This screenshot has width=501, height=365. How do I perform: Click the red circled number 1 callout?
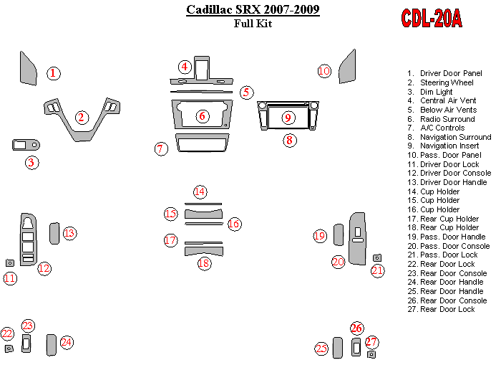[54, 72]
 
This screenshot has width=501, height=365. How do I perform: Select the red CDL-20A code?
[431, 19]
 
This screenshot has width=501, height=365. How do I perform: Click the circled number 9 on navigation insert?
[288, 118]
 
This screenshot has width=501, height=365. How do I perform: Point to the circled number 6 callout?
[203, 115]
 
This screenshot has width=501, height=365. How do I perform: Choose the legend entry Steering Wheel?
[447, 82]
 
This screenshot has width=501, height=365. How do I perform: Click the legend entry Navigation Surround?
[455, 137]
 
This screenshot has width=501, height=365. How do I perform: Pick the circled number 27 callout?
[371, 342]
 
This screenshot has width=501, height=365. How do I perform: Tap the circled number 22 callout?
[7, 333]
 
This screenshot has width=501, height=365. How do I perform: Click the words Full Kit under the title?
[253, 24]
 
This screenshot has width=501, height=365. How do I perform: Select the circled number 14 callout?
[200, 191]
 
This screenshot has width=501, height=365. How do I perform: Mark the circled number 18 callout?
[204, 263]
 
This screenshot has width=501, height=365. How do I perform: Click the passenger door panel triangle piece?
[348, 67]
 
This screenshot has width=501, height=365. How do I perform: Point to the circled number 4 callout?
[185, 67]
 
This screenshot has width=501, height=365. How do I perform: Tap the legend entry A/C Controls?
[442, 128]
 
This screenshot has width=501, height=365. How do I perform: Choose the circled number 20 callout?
[339, 262]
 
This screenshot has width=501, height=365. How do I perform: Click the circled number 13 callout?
[69, 233]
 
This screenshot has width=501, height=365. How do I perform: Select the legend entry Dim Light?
[436, 92]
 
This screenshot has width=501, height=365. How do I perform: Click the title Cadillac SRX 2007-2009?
[253, 10]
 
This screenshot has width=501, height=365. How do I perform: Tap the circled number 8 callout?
[289, 140]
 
